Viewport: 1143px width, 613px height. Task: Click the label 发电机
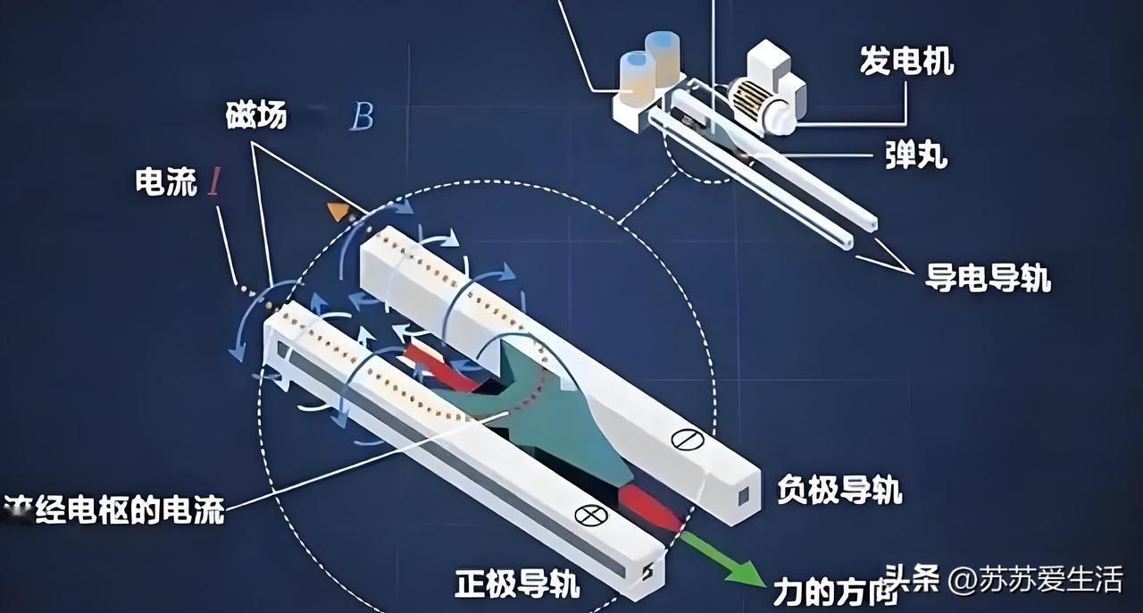[x=906, y=62]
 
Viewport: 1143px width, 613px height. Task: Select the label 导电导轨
[x=988, y=278]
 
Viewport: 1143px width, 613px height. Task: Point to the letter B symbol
[x=361, y=117]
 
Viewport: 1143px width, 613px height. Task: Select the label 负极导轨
[x=839, y=490]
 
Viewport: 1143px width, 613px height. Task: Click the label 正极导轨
[x=517, y=584]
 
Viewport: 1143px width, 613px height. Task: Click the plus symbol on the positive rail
[x=590, y=514]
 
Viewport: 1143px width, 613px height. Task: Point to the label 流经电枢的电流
[x=114, y=510]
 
